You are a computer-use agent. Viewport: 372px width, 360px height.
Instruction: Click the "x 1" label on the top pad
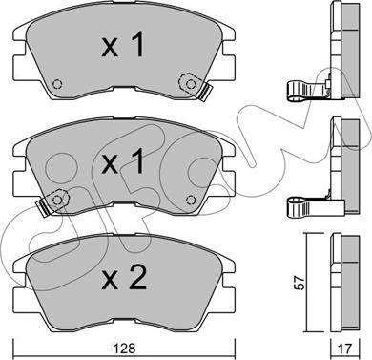pyautogui.click(x=123, y=44)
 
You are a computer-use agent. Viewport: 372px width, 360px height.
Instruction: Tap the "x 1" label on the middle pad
pyautogui.click(x=123, y=161)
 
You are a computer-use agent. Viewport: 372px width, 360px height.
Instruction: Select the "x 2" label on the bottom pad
pyautogui.click(x=124, y=278)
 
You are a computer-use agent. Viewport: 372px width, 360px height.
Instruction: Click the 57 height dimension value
pyautogui.click(x=300, y=283)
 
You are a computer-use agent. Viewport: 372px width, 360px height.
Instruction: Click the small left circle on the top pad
pyautogui.click(x=57, y=84)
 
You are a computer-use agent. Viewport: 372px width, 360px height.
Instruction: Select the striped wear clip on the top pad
pyautogui.click(x=204, y=92)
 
